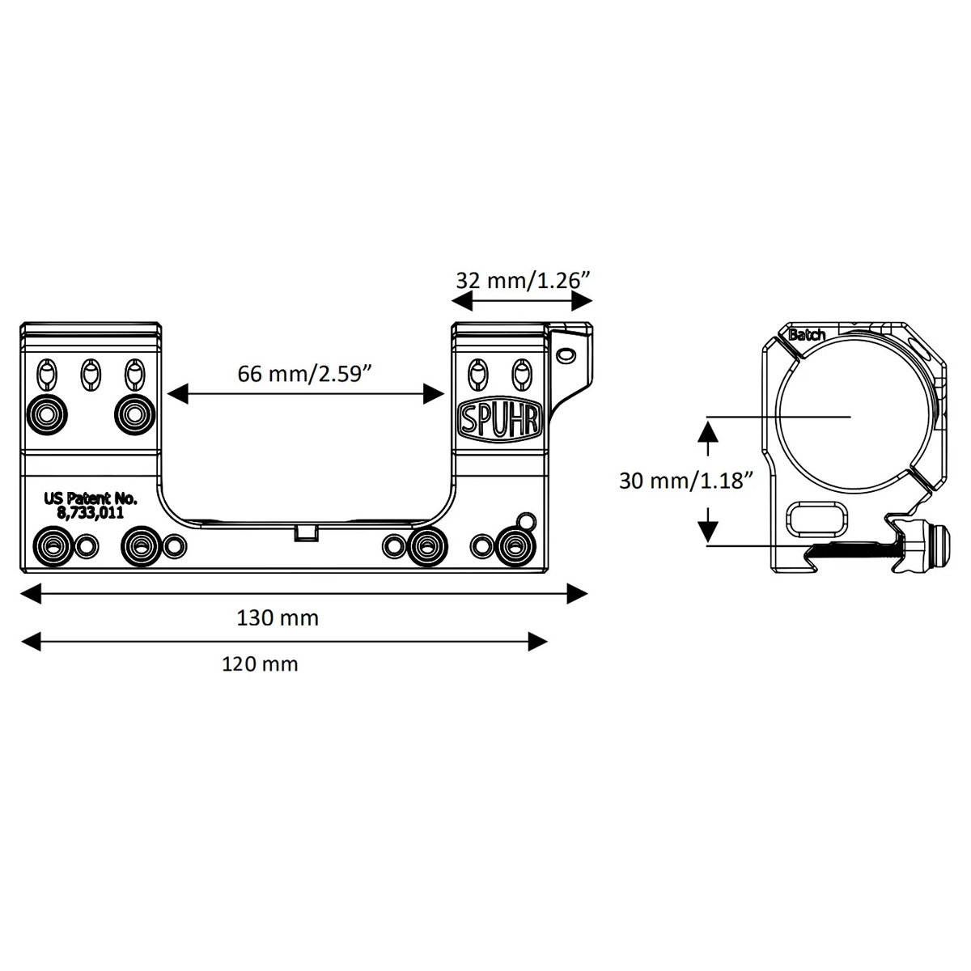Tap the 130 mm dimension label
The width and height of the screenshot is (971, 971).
[278, 618]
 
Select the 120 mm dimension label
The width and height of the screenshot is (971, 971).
[260, 664]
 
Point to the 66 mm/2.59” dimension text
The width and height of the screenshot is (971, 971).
[305, 374]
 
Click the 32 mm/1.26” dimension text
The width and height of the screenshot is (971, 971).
[523, 280]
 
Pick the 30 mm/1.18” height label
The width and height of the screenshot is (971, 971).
[686, 481]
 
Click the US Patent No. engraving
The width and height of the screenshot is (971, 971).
[91, 499]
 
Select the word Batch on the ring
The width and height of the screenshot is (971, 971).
[807, 334]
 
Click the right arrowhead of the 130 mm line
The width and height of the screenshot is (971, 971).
[578, 594]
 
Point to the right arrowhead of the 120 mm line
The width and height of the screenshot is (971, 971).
[537, 642]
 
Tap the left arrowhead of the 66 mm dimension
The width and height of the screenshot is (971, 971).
[177, 393]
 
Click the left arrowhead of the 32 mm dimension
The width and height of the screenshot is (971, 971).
[462, 302]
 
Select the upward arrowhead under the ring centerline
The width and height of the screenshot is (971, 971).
[708, 432]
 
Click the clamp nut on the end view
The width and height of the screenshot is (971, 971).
[935, 545]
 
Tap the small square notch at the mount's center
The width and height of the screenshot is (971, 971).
[307, 532]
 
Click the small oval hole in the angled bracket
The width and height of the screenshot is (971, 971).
[566, 354]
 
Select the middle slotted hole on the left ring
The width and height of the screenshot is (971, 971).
[91, 375]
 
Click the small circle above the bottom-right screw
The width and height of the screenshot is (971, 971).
[527, 520]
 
